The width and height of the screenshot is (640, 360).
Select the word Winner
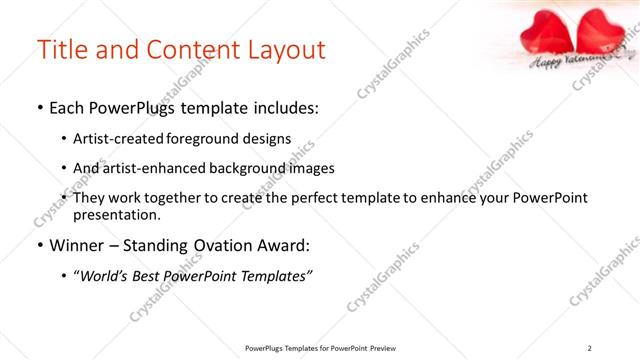(71, 244)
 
